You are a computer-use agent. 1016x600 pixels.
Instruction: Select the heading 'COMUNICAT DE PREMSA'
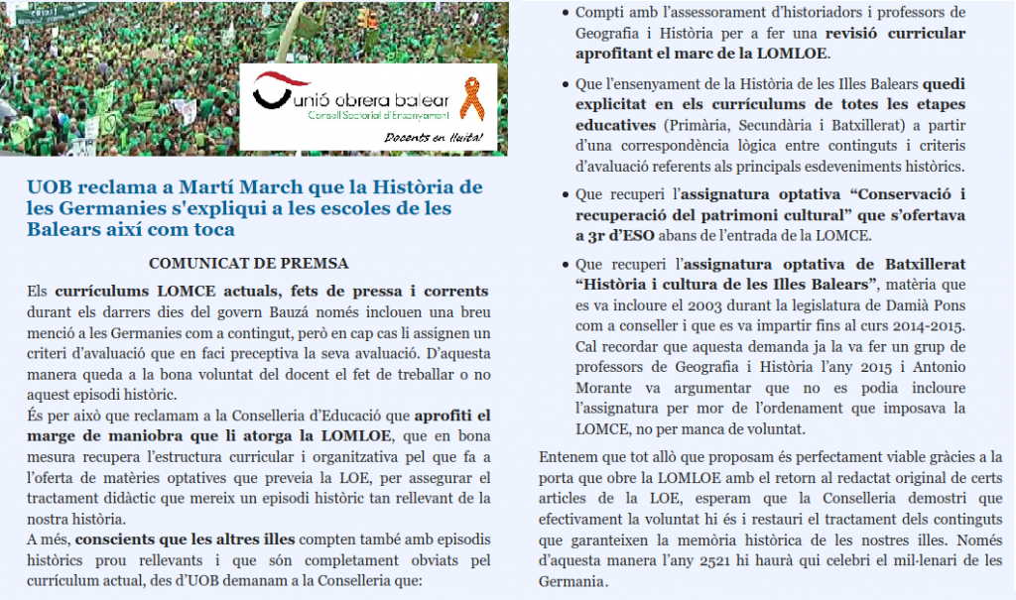tap(248, 264)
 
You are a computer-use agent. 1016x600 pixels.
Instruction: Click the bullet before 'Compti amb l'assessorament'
tap(565, 13)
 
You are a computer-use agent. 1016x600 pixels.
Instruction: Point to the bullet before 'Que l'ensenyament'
tap(565, 85)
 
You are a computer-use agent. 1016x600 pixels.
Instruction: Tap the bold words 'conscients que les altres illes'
tap(185, 540)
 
